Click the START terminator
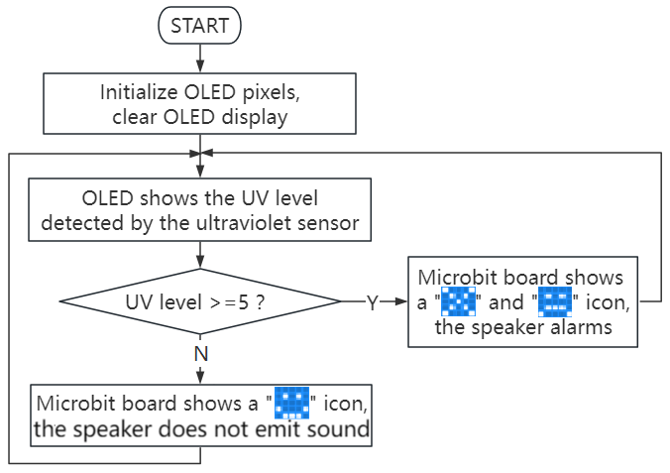[x=199, y=25]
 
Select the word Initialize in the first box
[x=139, y=92]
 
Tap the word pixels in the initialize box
[x=272, y=92]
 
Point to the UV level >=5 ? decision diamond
[x=200, y=301]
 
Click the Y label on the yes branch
[x=373, y=302]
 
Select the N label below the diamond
[x=201, y=354]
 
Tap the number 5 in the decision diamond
[x=243, y=302]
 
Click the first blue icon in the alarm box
[x=458, y=301]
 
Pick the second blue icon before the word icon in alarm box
[x=555, y=301]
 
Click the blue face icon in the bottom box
[x=291, y=403]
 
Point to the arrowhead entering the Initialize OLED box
[x=200, y=66]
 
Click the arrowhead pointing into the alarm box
[x=401, y=301]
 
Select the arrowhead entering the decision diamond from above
[x=200, y=262]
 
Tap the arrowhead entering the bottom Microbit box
[x=200, y=378]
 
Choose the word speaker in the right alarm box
[x=508, y=327]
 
